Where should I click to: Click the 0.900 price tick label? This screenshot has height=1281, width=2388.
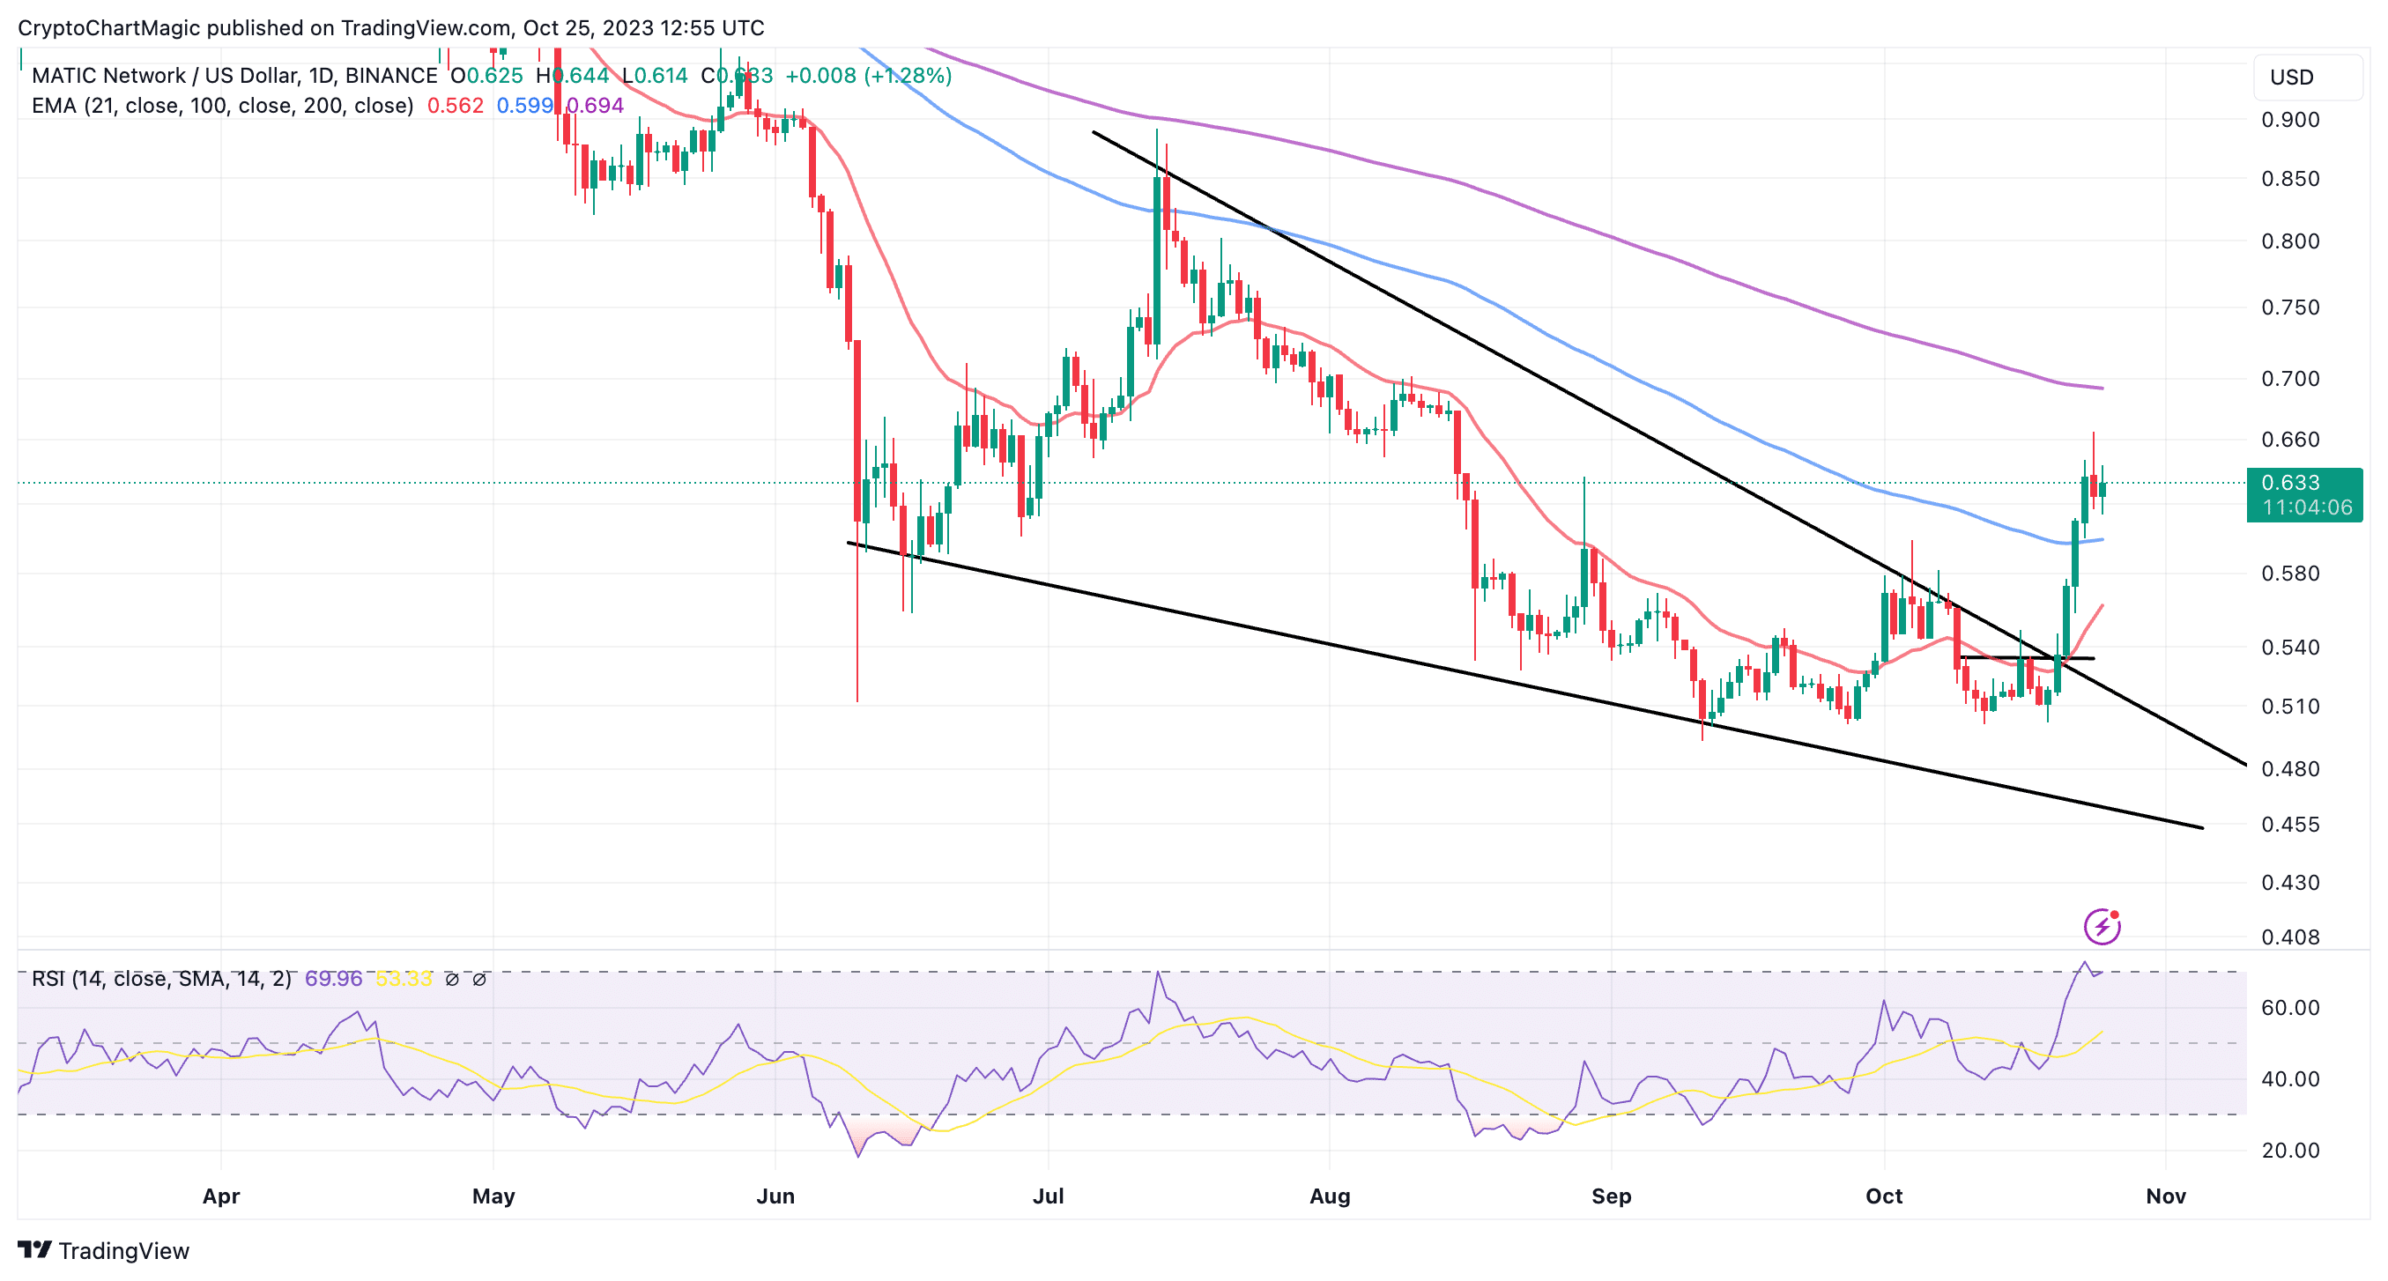click(x=2289, y=120)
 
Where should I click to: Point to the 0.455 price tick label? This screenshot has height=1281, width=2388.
click(x=2289, y=824)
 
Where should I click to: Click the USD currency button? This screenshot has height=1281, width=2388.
click(x=2292, y=77)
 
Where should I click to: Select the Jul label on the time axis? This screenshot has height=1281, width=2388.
click(x=1048, y=1196)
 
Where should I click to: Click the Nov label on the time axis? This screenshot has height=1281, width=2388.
click(x=2166, y=1196)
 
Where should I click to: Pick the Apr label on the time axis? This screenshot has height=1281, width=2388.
click(x=220, y=1196)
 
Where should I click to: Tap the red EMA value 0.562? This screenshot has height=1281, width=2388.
click(x=456, y=106)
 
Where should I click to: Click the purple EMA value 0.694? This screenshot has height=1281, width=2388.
click(x=595, y=106)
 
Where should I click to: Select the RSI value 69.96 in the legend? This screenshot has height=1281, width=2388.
click(x=334, y=979)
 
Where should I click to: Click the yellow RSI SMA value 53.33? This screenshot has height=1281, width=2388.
click(x=404, y=979)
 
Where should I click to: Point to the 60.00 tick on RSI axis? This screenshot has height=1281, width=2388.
click(x=2289, y=1008)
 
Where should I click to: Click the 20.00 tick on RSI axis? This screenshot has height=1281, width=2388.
click(x=2289, y=1151)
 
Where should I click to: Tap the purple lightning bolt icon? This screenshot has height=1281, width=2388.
click(x=2102, y=926)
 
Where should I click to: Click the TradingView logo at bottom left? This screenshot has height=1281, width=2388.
click(x=104, y=1250)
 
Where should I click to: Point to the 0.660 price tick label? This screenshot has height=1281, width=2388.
click(x=2289, y=440)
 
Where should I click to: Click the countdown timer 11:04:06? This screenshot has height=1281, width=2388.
click(x=2306, y=508)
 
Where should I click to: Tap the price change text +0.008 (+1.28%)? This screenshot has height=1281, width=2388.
click(x=868, y=76)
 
